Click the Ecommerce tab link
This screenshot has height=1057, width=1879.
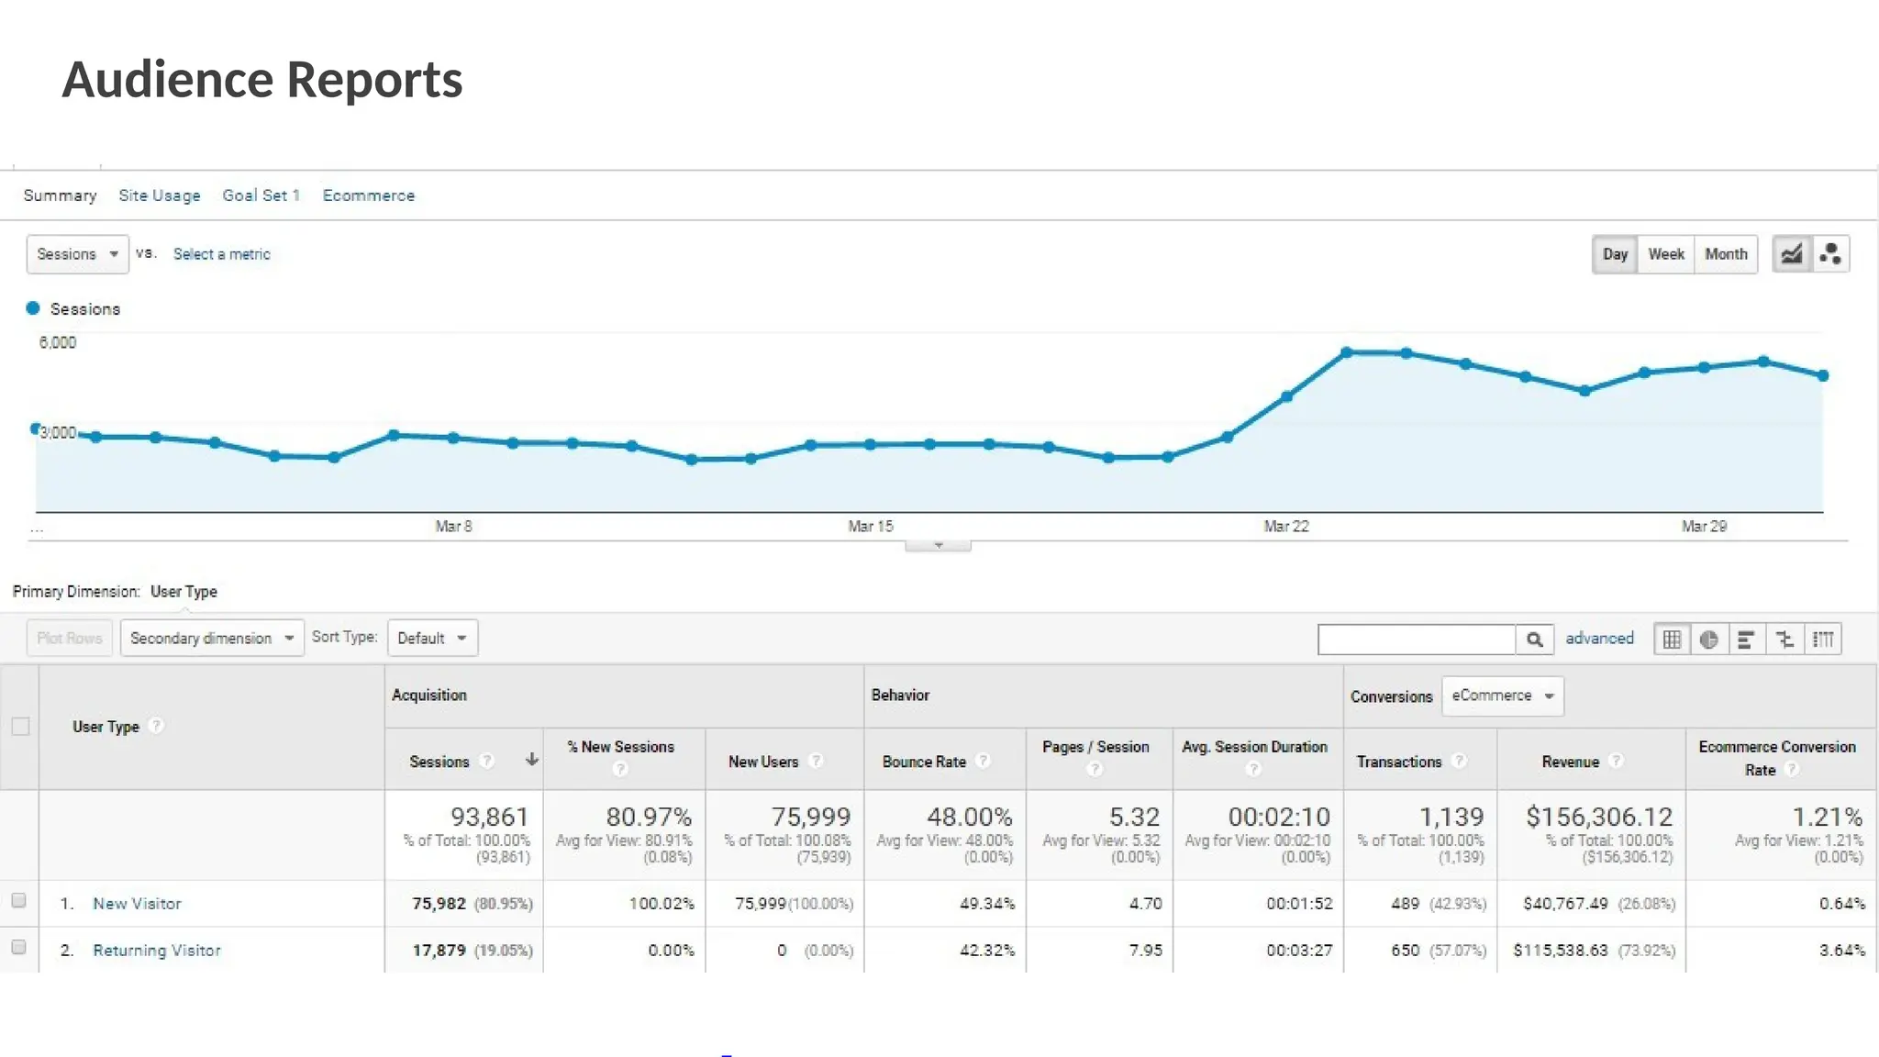tap(368, 195)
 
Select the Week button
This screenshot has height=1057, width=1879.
tap(1665, 254)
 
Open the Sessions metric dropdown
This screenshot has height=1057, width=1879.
tap(77, 254)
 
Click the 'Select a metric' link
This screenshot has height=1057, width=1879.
tap(221, 254)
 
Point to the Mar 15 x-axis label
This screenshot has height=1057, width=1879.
tap(870, 526)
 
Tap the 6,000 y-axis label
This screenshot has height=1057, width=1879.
tap(57, 342)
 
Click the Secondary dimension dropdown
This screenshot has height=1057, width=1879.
tap(211, 638)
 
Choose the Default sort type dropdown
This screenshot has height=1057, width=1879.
tap(432, 638)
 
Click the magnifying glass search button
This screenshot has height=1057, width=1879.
tap(1534, 639)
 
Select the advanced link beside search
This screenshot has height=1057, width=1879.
tap(1599, 638)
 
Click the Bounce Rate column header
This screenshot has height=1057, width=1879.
tap(924, 762)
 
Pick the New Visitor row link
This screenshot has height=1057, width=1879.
tap(137, 904)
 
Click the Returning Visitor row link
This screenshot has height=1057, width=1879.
tap(157, 951)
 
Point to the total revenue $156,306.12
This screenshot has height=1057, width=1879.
tap(1598, 817)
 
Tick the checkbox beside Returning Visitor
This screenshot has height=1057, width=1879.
tap(18, 947)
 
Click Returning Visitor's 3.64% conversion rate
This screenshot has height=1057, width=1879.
tap(1841, 951)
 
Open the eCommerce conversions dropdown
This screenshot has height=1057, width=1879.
tap(1502, 695)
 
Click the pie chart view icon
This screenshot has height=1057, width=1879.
tap(1708, 639)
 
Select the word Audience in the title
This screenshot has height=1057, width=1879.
tap(168, 80)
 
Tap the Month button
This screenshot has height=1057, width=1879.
tap(1725, 254)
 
